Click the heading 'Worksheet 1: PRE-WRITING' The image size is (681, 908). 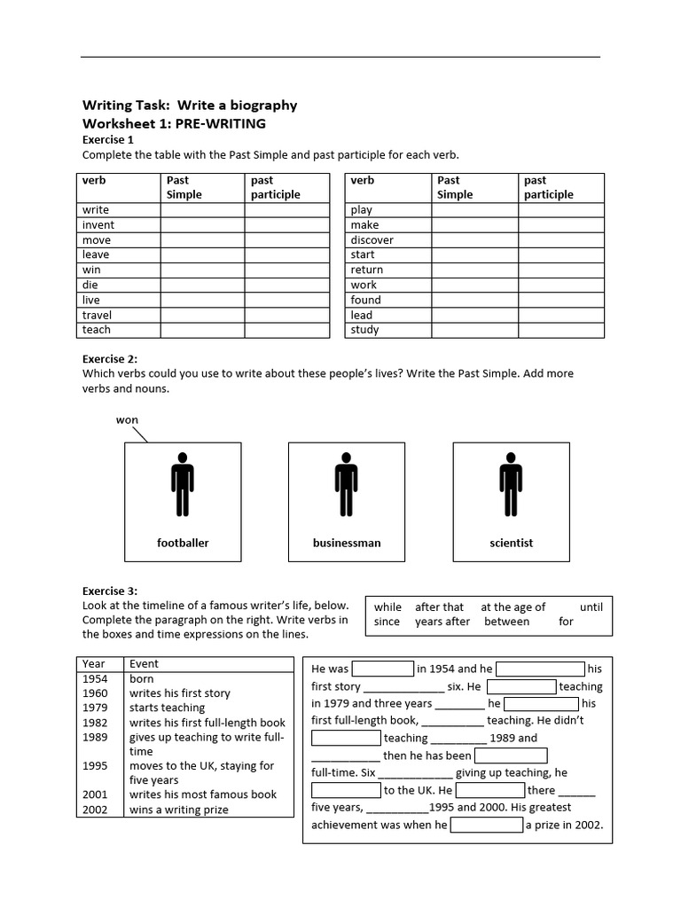[x=174, y=123]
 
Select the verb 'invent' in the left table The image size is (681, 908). [x=98, y=225]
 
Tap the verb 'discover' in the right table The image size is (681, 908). [x=372, y=240]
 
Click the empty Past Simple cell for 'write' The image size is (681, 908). [x=202, y=210]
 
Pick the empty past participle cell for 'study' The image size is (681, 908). [x=560, y=330]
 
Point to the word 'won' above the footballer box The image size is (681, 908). [x=127, y=419]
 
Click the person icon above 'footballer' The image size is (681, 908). [x=182, y=484]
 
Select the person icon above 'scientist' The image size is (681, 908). [x=510, y=484]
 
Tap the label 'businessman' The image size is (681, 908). [x=347, y=543]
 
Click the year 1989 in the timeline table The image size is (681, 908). [x=94, y=737]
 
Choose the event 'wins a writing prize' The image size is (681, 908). [x=178, y=810]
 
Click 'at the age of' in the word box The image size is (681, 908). [x=513, y=607]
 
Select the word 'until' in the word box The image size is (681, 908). [x=591, y=607]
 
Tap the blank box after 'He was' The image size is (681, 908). [x=383, y=669]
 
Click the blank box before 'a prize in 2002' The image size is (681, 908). [x=486, y=825]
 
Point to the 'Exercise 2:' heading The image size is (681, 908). [x=110, y=359]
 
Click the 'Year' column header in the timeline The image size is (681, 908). [x=93, y=663]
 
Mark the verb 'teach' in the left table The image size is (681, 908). [x=97, y=330]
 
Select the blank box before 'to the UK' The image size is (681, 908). [x=346, y=789]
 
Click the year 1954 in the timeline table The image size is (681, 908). [x=94, y=678]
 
